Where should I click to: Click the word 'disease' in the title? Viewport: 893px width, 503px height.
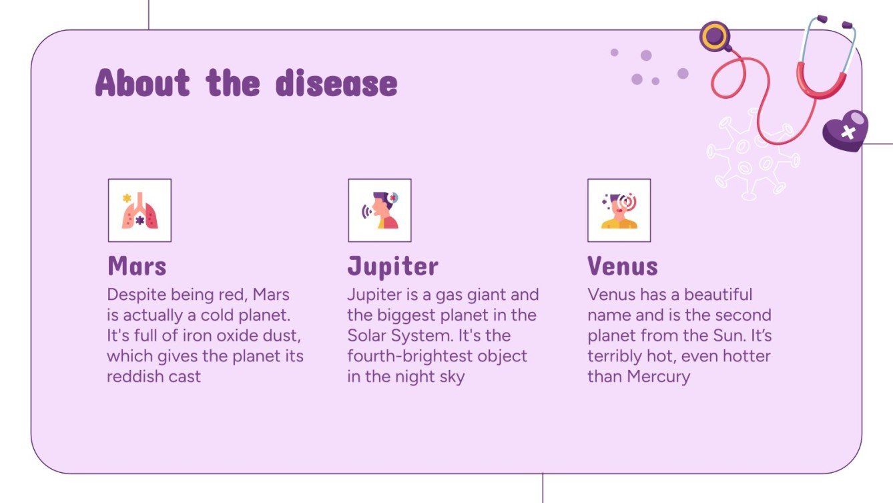(336, 83)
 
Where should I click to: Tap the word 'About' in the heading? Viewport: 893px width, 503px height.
(142, 83)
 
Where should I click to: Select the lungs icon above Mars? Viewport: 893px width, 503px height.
(139, 210)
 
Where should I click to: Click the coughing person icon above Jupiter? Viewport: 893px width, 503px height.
(379, 210)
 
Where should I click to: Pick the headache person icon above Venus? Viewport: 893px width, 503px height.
(619, 210)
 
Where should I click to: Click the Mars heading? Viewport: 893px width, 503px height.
(137, 267)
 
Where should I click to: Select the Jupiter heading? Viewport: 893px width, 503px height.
(392, 267)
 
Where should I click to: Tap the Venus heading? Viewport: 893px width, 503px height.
(622, 267)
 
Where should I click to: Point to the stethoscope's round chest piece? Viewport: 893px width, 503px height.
(715, 36)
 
